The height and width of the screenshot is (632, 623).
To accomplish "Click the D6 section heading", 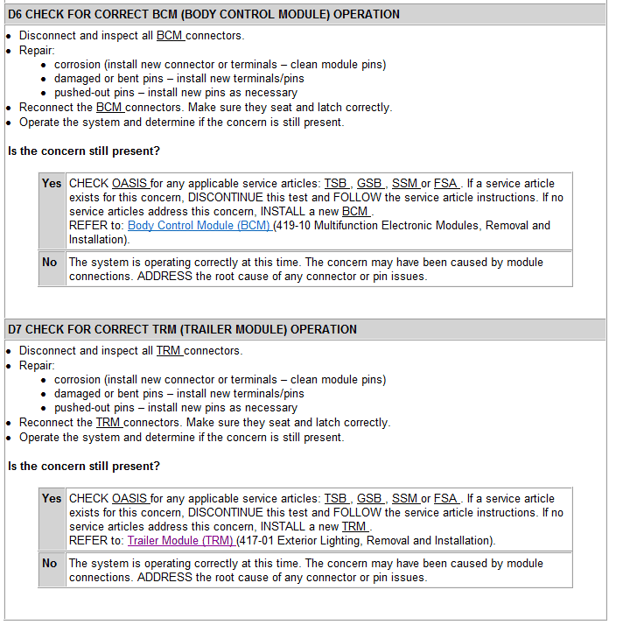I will pos(204,15).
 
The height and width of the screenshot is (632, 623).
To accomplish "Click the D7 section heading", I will pos(182,330).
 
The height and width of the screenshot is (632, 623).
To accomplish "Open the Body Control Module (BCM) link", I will pos(199,226).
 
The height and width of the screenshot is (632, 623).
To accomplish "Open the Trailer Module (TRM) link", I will pos(180,541).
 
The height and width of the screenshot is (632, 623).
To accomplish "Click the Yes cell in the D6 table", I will pos(52,184).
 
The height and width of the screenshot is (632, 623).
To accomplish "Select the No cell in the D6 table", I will pos(50,263).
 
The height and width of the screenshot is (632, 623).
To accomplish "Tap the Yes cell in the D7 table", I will pos(52,499).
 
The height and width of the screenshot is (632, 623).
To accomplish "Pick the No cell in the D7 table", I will pos(50,564).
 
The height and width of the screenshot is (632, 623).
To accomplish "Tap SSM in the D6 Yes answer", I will pos(404,184).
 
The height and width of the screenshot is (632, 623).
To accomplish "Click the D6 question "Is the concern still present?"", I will pos(84,151).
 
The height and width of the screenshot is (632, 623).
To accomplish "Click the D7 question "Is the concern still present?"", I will pos(84,467).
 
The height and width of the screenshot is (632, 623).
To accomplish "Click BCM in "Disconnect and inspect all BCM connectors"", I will pos(170,36).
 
